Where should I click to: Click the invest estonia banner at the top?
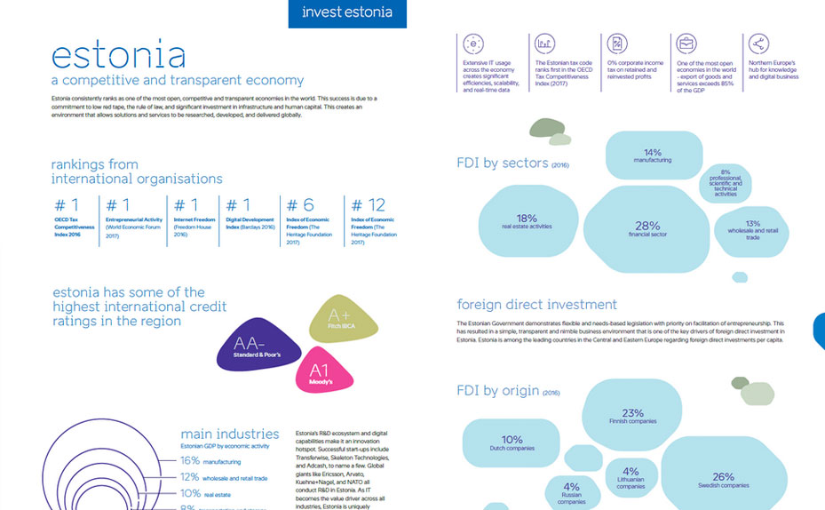click(347, 12)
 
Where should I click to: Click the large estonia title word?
click(118, 55)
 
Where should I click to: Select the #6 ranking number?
click(302, 206)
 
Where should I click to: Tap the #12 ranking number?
click(369, 206)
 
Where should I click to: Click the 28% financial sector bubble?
click(647, 229)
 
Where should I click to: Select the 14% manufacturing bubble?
click(653, 155)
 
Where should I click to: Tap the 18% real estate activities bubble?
click(527, 221)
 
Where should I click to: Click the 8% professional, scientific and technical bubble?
click(725, 183)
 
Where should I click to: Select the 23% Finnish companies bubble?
click(632, 416)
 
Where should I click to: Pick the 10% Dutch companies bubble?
click(512, 442)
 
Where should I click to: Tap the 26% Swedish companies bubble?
click(723, 480)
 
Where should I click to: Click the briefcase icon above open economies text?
click(686, 44)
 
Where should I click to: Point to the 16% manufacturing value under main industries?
click(191, 460)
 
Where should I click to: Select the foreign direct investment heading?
click(536, 305)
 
